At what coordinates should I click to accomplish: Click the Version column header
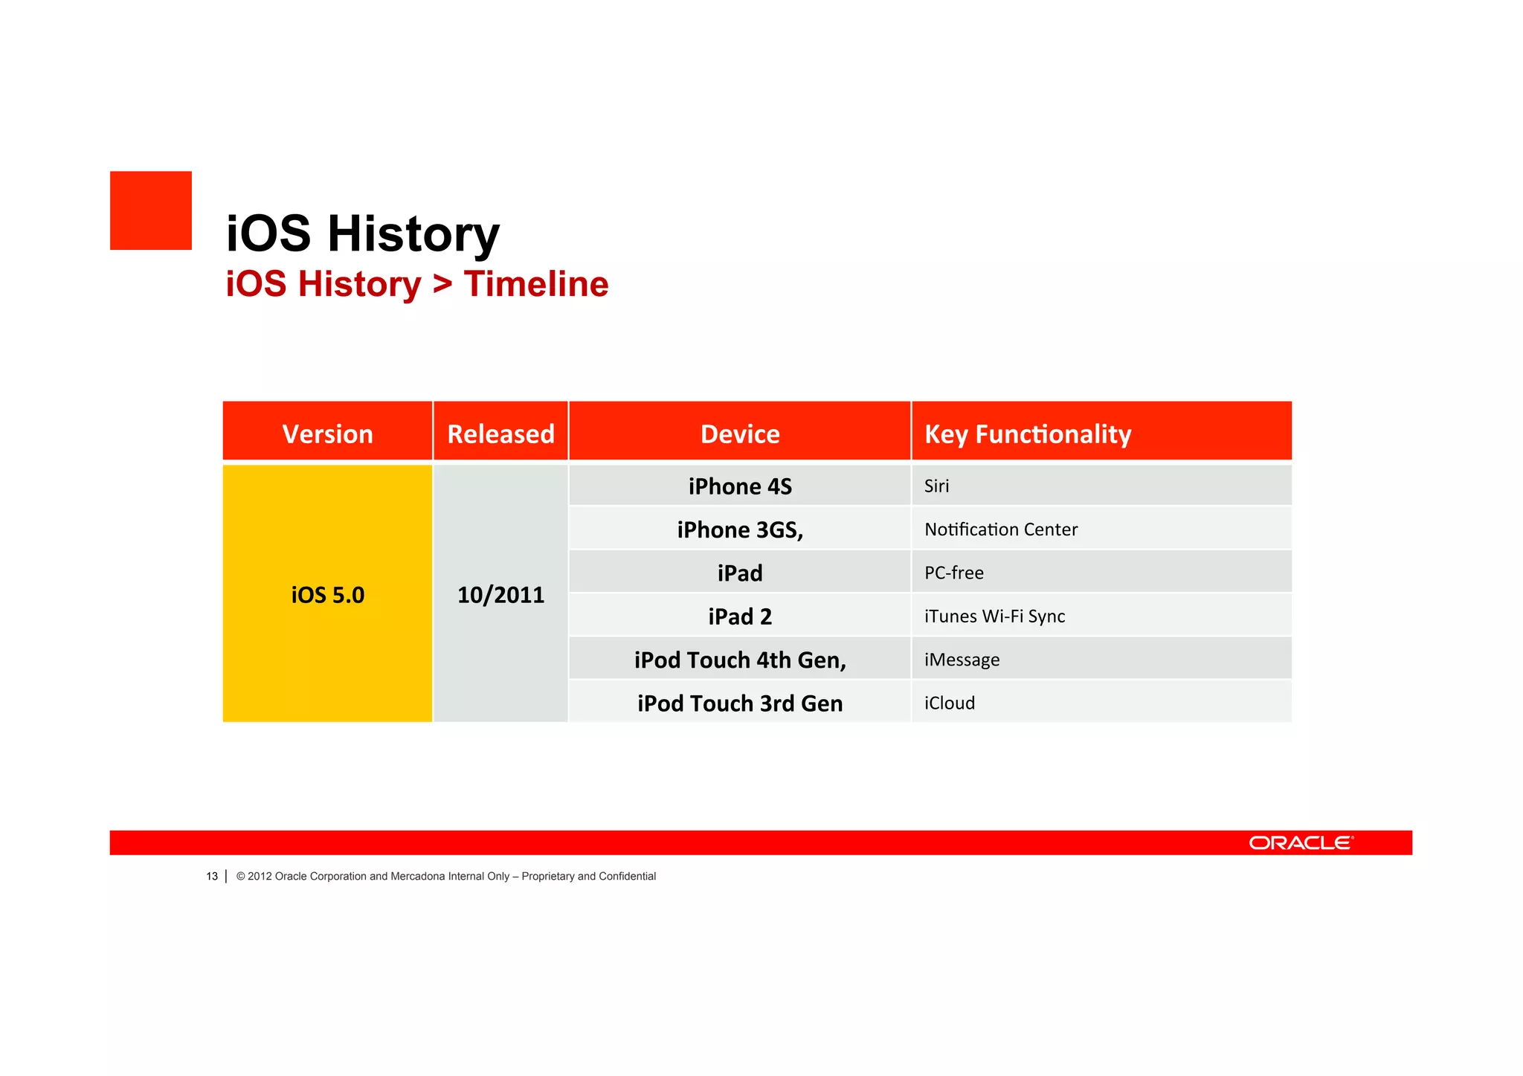[327, 434]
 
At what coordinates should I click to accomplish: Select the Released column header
[500, 434]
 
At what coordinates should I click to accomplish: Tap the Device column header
[740, 434]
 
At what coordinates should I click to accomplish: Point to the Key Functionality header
[1027, 434]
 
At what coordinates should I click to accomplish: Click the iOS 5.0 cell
[327, 595]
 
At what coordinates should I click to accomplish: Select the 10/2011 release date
[500, 595]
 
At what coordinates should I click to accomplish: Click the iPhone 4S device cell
[740, 486]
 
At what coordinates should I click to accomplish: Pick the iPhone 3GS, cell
[740, 529]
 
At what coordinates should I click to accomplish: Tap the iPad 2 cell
[740, 616]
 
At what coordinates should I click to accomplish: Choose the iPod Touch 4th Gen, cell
[740, 660]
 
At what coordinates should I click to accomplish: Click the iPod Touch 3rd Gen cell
[740, 703]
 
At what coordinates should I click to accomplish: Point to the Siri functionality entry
[936, 486]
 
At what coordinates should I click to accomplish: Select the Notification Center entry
[1000, 529]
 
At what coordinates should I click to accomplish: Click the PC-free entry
[953, 573]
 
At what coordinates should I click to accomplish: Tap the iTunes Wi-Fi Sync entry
[994, 616]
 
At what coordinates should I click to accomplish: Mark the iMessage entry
[962, 660]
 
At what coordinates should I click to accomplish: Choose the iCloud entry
[949, 703]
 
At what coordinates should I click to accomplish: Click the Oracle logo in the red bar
[1301, 843]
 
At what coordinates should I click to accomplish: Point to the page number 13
[212, 876]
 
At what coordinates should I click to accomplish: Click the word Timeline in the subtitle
[535, 284]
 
